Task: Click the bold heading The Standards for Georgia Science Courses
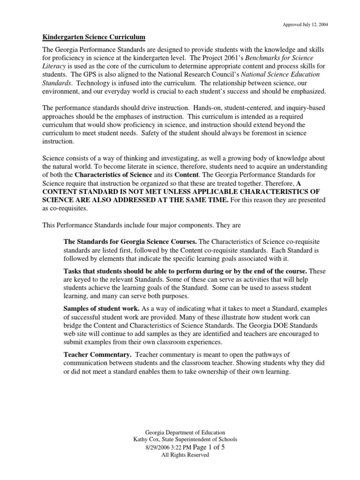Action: [x=130, y=241]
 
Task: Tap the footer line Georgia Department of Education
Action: [x=185, y=432]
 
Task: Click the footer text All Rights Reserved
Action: [x=185, y=456]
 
